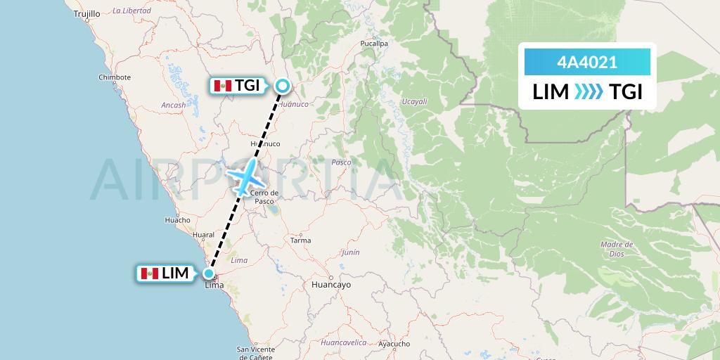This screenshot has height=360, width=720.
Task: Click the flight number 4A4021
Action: coord(587,63)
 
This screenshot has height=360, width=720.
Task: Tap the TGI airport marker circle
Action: coord(282,86)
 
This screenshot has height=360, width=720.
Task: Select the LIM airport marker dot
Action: coord(209,274)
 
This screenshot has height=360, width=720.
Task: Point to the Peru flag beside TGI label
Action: coord(223,86)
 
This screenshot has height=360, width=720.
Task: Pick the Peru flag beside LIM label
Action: coord(149,274)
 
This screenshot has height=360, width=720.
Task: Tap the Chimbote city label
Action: coord(115,77)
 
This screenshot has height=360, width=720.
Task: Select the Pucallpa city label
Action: coord(374,43)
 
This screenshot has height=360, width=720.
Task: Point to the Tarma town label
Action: coord(300,240)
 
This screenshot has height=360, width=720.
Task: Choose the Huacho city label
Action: coord(177,220)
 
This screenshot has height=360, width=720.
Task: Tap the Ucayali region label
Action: coord(414,102)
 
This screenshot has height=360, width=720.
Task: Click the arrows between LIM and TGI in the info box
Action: coord(589,92)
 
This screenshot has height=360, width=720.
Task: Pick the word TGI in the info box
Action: coord(626,92)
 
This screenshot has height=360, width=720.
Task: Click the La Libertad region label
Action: coord(131,11)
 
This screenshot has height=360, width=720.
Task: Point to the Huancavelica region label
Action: coord(344,342)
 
